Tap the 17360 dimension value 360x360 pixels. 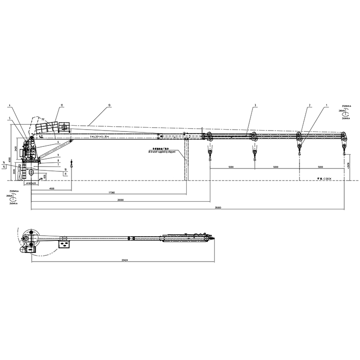point(111,193)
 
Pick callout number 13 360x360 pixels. point(109,105)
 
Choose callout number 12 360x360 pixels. point(62,105)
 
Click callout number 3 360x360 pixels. point(256,105)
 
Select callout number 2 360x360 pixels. point(310,105)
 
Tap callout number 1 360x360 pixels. point(326,105)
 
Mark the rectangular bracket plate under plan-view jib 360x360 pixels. point(64,245)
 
